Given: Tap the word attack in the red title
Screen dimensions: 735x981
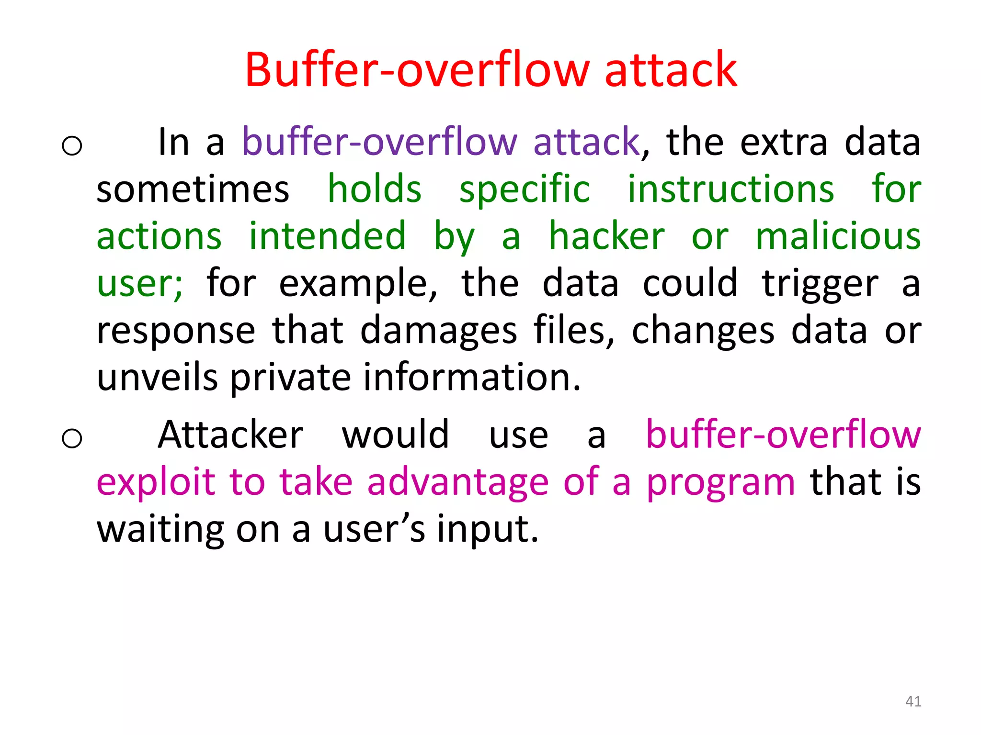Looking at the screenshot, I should tap(671, 70).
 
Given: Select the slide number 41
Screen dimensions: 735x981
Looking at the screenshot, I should tap(913, 702).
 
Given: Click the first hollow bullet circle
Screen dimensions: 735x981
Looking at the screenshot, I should tap(72, 145).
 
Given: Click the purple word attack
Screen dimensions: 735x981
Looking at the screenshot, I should tap(586, 142).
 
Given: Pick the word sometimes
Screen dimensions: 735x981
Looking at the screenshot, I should tap(193, 190).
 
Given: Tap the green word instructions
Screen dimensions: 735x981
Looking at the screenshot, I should tap(731, 189).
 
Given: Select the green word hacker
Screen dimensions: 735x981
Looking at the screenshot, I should tap(606, 236).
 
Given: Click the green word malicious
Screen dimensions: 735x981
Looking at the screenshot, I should tap(838, 236).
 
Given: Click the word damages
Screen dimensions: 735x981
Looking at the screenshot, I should tap(438, 331).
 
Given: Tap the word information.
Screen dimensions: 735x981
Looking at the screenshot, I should tap(472, 378).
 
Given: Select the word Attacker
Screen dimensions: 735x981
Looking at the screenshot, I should tap(230, 434).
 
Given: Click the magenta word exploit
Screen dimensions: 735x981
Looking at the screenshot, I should tap(156, 482).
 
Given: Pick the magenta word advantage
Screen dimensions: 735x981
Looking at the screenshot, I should tap(457, 482).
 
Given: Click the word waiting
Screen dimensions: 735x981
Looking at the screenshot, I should tap(160, 530).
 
